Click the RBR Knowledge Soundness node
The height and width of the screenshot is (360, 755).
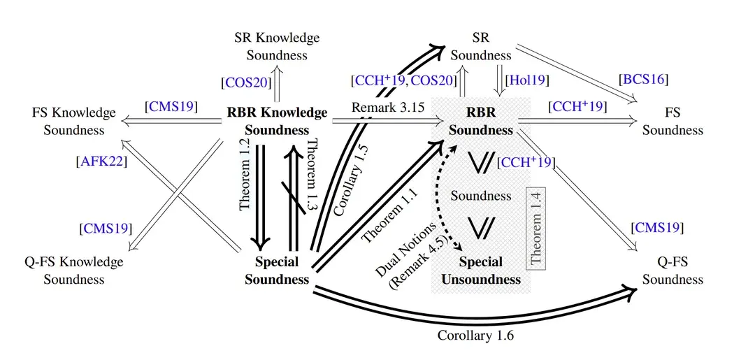click(x=277, y=121)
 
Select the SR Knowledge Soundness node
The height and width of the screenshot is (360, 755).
click(x=277, y=46)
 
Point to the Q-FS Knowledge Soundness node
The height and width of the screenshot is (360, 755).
click(x=73, y=271)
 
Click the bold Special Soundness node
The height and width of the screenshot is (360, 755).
click(x=277, y=271)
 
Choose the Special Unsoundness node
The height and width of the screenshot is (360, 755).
click(x=481, y=271)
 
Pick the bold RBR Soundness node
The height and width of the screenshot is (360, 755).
click(x=481, y=121)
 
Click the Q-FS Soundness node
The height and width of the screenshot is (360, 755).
click(x=673, y=271)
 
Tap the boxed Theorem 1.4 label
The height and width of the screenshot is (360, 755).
click(x=536, y=229)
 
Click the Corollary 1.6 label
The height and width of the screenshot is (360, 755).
click(x=475, y=336)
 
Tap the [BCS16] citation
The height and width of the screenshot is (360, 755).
click(x=644, y=79)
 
